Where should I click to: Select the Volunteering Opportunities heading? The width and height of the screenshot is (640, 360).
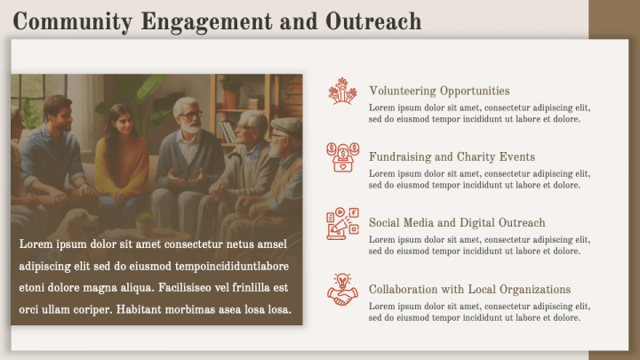439,91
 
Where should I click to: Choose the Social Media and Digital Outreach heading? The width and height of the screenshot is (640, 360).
457,223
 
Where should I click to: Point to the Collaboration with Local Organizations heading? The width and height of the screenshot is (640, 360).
469,290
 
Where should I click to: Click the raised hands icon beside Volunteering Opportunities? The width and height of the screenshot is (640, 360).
342,92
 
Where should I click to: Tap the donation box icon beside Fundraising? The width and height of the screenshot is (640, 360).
342,157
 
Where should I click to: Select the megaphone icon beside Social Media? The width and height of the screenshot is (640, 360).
342,224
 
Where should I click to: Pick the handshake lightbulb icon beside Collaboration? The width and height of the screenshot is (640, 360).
342,290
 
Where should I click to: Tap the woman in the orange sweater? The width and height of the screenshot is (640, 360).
122,156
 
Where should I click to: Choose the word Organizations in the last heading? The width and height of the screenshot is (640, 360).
532,290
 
